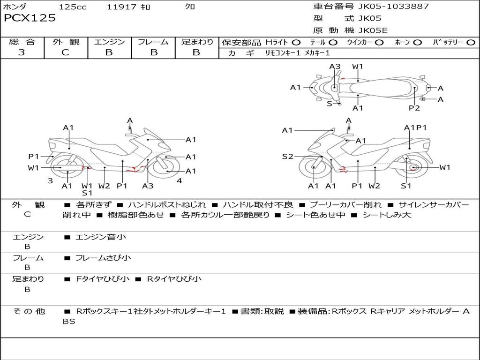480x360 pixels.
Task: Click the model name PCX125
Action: coord(30,18)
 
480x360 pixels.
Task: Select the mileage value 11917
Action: coord(122,7)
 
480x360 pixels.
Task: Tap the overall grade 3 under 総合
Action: coord(22,52)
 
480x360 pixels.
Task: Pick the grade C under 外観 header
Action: coord(65,52)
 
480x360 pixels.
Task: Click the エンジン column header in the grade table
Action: coord(109,42)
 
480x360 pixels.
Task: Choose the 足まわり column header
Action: coord(197,42)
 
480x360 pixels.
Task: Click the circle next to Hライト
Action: coord(296,43)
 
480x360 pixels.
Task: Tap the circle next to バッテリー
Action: coord(471,43)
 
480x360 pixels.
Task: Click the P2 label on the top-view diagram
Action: coord(414,108)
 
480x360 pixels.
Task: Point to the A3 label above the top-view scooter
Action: coord(335,67)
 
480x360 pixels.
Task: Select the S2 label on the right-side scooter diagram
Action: coord(287,157)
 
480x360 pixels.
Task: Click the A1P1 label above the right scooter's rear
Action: coord(415,128)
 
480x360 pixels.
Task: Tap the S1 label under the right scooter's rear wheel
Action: coord(406,186)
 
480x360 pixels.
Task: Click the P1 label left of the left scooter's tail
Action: coord(33,157)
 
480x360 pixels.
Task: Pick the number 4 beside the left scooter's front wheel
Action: coord(179,181)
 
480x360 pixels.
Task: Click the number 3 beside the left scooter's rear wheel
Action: coord(50,181)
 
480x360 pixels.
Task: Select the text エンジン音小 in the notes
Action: coord(101,237)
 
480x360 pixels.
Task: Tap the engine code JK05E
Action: coord(374,30)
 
